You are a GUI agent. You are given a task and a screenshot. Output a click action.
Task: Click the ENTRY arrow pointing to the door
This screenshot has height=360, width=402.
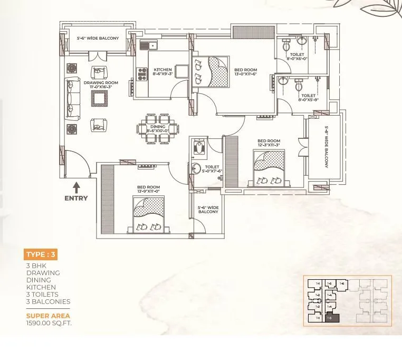click(76, 187)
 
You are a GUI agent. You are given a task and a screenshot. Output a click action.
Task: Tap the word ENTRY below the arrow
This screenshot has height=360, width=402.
click(76, 198)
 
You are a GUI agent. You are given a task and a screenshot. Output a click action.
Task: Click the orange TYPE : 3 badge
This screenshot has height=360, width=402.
click(41, 254)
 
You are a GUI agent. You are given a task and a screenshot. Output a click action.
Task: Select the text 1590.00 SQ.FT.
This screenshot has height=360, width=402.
click(49, 323)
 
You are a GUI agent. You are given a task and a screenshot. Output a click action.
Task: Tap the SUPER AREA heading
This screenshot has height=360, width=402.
click(48, 316)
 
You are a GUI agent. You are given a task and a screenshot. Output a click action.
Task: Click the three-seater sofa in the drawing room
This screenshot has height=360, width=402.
click(72, 98)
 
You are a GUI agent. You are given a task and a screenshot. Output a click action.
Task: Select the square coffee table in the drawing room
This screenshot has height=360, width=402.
click(99, 98)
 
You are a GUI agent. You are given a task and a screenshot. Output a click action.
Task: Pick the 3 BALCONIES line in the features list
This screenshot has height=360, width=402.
click(48, 301)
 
